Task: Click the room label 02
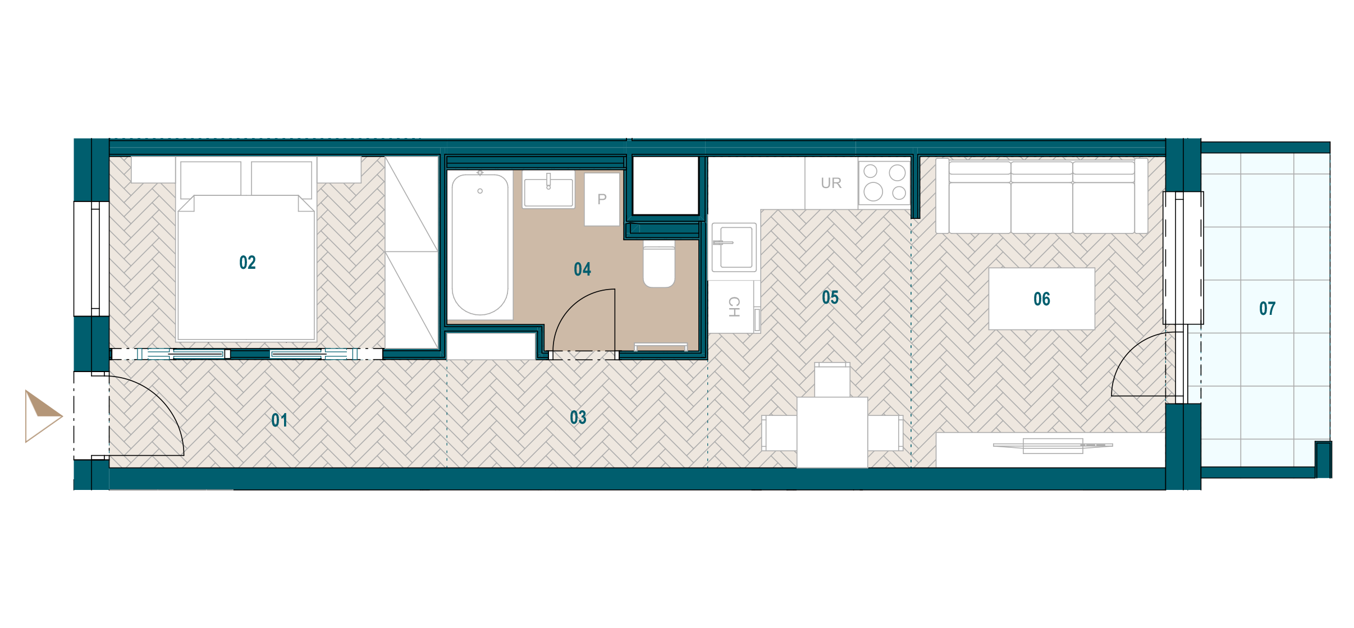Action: [248, 263]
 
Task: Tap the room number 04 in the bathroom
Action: [582, 269]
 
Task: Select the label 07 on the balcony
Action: [1268, 308]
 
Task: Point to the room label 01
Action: [279, 420]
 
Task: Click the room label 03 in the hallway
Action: [578, 418]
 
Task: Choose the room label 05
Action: [830, 297]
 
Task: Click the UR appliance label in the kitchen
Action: [831, 183]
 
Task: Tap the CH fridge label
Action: [734, 307]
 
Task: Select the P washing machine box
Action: [602, 199]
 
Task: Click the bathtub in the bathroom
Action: [480, 245]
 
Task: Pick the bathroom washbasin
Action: [548, 190]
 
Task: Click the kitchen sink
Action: [734, 247]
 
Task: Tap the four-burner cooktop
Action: [884, 183]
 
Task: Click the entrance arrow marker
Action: [43, 416]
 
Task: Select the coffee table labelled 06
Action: [1042, 299]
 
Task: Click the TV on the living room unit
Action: [1053, 446]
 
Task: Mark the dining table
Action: [832, 432]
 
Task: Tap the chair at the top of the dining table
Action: [832, 380]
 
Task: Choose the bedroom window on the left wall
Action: [91, 259]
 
